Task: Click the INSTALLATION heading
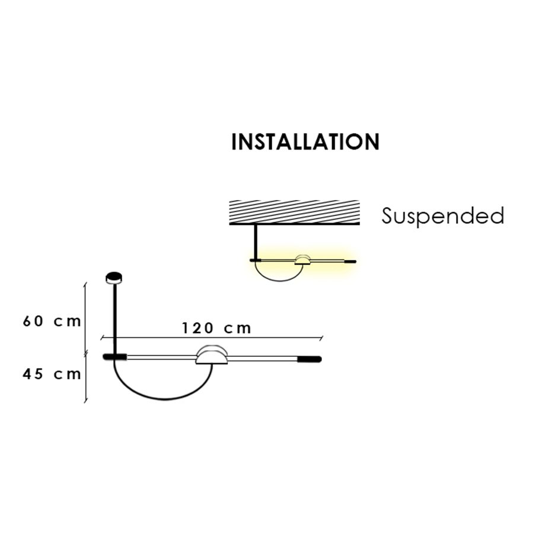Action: coord(305,142)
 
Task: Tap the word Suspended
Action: coord(443,215)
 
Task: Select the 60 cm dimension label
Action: coord(52,321)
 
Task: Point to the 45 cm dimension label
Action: coord(52,374)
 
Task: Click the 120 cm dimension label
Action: coord(216,328)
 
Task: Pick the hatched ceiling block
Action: coord(294,212)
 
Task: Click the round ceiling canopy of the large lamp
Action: coord(114,278)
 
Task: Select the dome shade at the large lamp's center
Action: coord(212,355)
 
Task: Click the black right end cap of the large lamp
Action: coord(310,359)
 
